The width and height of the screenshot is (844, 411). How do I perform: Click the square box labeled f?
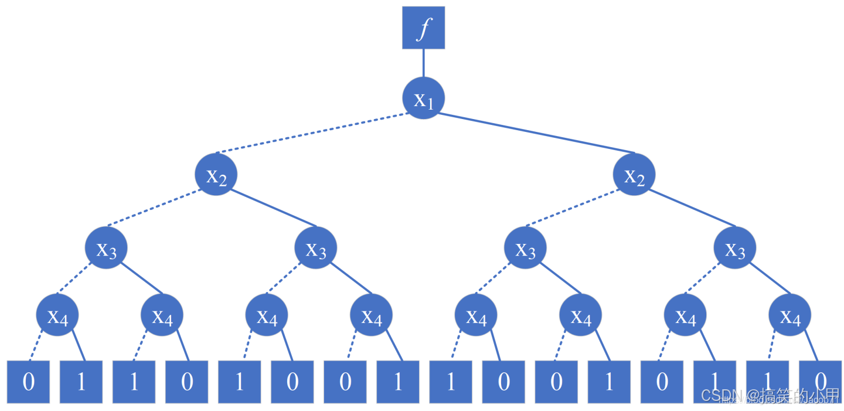point(423,28)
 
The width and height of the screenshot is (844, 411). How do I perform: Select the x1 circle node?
point(423,98)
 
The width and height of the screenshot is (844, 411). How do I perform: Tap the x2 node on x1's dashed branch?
point(216,174)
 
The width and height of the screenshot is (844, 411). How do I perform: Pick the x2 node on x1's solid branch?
point(634,174)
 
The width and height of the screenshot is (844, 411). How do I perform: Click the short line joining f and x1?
point(423,63)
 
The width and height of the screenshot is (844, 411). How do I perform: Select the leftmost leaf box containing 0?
point(28,382)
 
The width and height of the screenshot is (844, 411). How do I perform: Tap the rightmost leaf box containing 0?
point(820,382)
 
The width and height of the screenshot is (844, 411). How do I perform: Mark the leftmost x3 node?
point(106,247)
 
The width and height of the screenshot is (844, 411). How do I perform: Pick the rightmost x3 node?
point(735,247)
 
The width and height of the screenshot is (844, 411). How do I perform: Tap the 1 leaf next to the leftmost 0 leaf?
point(81,382)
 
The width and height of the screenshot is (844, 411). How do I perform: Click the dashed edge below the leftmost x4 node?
point(37,346)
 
